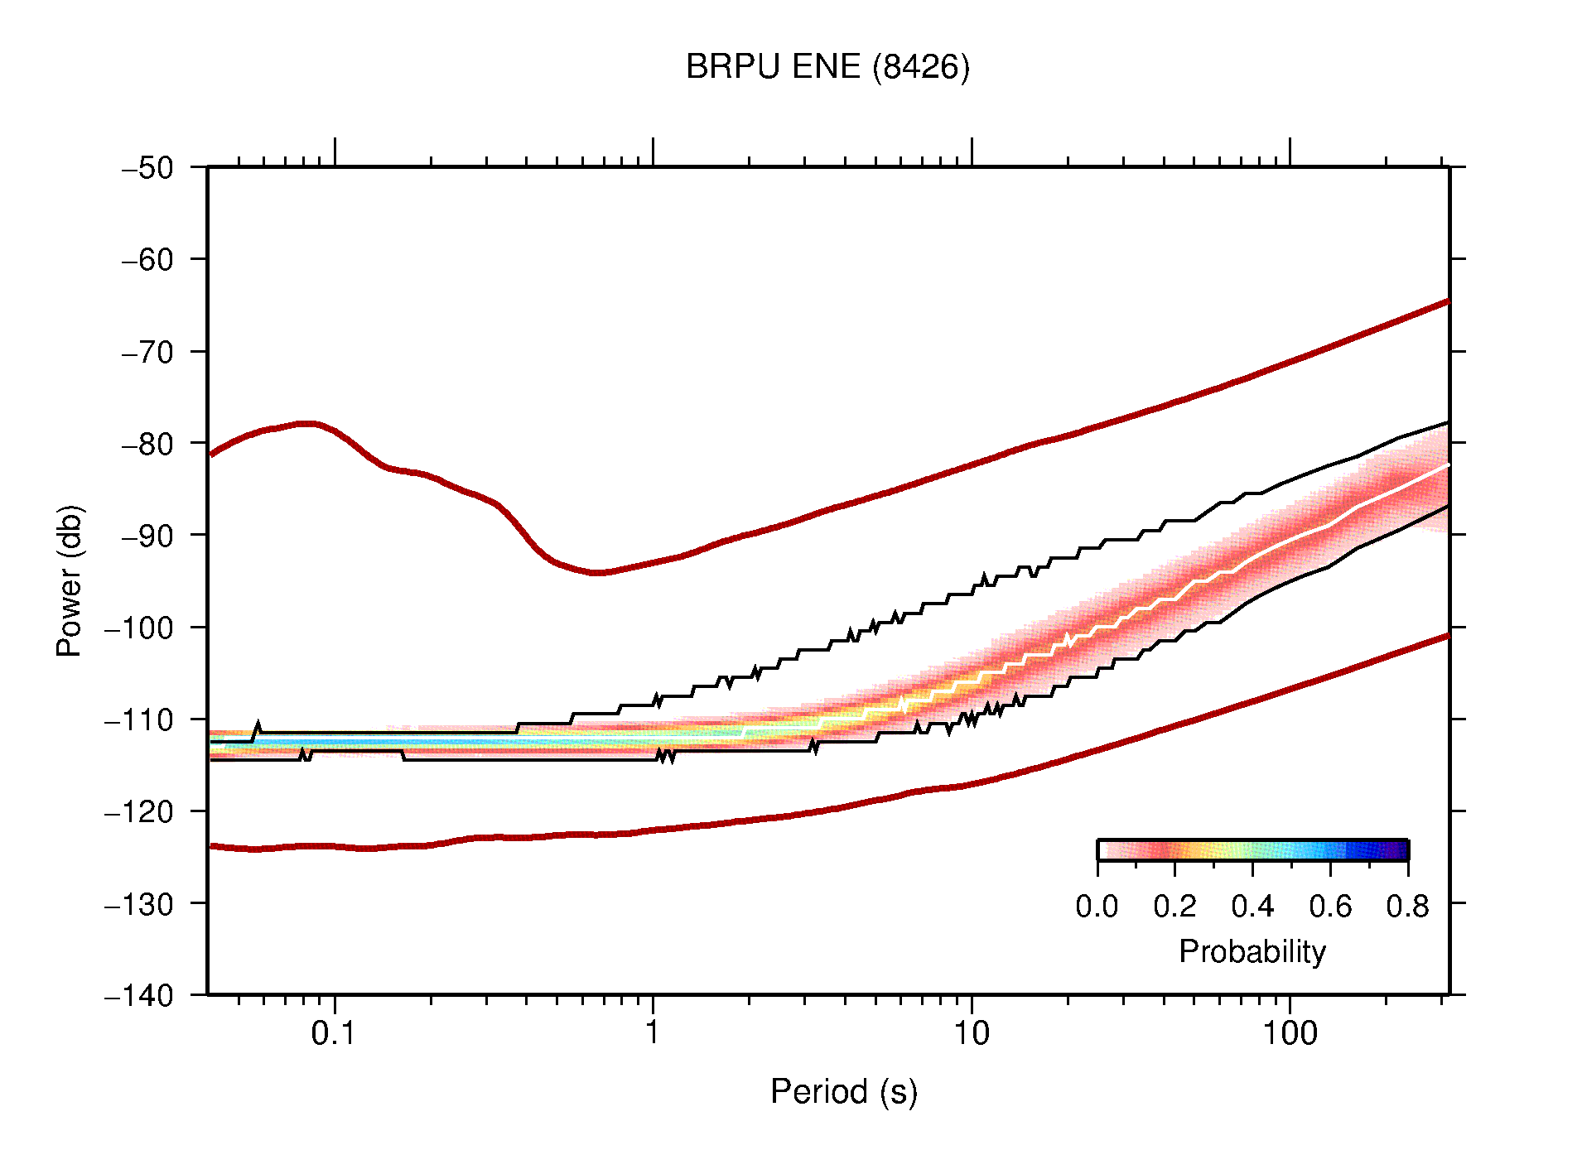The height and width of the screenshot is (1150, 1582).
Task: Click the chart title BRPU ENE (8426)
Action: [x=827, y=67]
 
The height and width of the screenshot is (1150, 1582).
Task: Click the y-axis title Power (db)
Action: [x=70, y=580]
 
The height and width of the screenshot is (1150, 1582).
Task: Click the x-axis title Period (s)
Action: [x=843, y=1091]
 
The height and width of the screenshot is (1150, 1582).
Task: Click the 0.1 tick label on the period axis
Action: [x=334, y=1033]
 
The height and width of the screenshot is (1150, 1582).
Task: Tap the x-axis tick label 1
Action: [x=653, y=1033]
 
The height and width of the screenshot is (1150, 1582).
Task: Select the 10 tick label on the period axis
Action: [x=971, y=1033]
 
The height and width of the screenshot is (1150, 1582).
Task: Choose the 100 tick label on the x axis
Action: [x=1289, y=1033]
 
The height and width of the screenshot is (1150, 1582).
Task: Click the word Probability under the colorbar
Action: [x=1252, y=952]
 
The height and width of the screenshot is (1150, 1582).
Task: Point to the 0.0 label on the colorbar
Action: [x=1097, y=907]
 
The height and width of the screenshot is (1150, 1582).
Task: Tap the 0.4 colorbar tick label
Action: [x=1252, y=907]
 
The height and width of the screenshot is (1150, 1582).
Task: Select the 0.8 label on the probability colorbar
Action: [x=1407, y=907]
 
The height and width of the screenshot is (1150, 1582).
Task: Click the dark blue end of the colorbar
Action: [x=1400, y=850]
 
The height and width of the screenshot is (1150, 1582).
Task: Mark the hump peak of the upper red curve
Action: [x=306, y=424]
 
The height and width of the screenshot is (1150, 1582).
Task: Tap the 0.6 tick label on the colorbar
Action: [x=1330, y=907]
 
